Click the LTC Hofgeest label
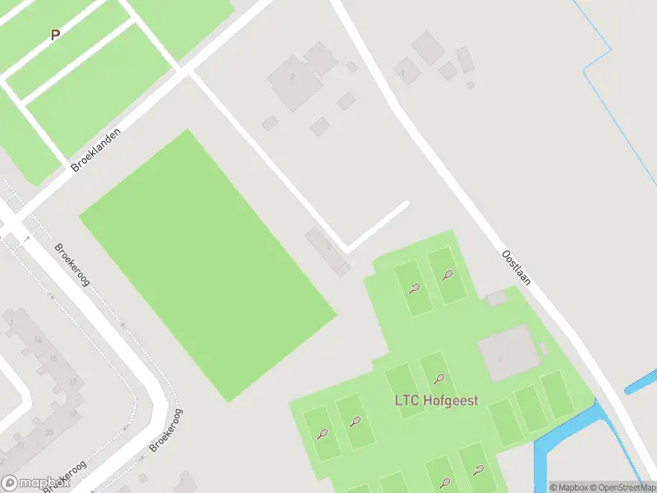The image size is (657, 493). [x=440, y=403]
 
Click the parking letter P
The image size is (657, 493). [x=55, y=35]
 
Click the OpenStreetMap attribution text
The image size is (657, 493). [x=618, y=487]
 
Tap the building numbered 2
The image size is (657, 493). [x=292, y=77]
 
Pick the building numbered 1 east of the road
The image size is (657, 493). [x=403, y=71]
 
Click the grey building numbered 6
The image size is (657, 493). [x=503, y=355]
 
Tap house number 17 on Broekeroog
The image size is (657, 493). [x=72, y=382]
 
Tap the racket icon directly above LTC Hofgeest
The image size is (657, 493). [x=439, y=380]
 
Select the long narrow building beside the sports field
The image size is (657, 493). [x=328, y=251]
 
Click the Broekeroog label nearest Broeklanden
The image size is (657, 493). [x=72, y=264]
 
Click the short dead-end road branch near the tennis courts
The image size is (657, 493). [x=378, y=225]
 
